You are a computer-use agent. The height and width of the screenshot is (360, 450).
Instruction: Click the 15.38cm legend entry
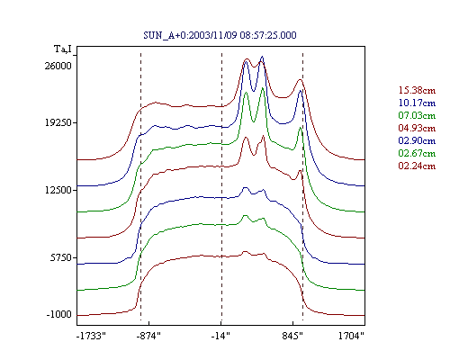click(417, 90)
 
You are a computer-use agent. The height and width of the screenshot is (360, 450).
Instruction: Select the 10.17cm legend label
click(417, 103)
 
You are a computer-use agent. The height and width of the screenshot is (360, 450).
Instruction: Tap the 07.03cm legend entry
click(417, 115)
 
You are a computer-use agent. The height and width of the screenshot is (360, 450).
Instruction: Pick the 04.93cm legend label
click(417, 128)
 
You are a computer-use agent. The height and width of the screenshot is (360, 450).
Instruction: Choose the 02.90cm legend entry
click(417, 140)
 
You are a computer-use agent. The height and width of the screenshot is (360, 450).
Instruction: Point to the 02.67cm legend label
click(417, 153)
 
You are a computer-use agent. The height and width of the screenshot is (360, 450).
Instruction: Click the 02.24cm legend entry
click(417, 166)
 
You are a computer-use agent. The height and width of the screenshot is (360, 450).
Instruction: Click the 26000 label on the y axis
click(58, 66)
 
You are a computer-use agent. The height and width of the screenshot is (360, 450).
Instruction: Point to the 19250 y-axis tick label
click(58, 122)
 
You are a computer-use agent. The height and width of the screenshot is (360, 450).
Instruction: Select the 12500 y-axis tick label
click(58, 190)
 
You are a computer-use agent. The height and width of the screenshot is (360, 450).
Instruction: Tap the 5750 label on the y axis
click(61, 257)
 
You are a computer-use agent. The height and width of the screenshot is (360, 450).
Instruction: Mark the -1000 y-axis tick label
click(59, 315)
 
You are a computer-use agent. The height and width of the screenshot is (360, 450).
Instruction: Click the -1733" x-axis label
click(91, 336)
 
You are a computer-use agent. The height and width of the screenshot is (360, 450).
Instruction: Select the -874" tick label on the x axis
click(148, 336)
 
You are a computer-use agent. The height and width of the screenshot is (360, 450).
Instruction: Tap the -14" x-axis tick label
click(220, 336)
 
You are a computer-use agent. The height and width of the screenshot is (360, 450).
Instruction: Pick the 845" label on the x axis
click(292, 336)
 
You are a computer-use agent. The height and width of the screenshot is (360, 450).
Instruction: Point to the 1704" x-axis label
click(351, 336)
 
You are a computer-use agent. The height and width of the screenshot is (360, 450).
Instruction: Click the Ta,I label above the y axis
click(63, 49)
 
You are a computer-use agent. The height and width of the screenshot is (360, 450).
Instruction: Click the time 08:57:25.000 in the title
click(268, 35)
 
